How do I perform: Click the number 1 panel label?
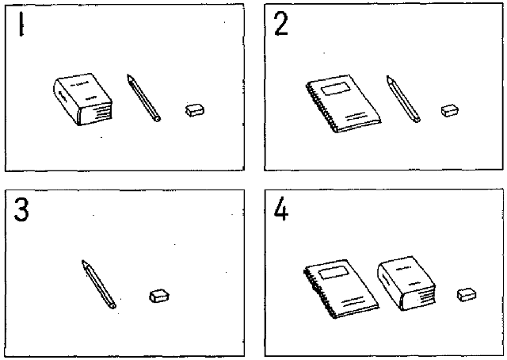pos(21,24)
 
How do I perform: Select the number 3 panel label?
pos(21,209)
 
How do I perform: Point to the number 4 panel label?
pos(280,209)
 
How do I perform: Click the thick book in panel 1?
pos(82,99)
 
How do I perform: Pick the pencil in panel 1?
pos(143,98)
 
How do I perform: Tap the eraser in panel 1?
pos(195,109)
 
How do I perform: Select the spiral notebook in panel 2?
pos(343,104)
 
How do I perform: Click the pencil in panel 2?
pos(403,99)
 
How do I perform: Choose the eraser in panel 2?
pos(450,110)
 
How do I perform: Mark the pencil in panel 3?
pos(98,284)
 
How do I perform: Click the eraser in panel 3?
pos(159,296)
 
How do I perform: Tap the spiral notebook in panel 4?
pos(341,289)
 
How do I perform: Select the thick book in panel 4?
pos(406,283)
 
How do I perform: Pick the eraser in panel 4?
pos(467,294)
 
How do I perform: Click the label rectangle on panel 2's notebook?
pos(336,88)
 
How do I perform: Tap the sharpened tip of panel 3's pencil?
pos(82,261)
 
